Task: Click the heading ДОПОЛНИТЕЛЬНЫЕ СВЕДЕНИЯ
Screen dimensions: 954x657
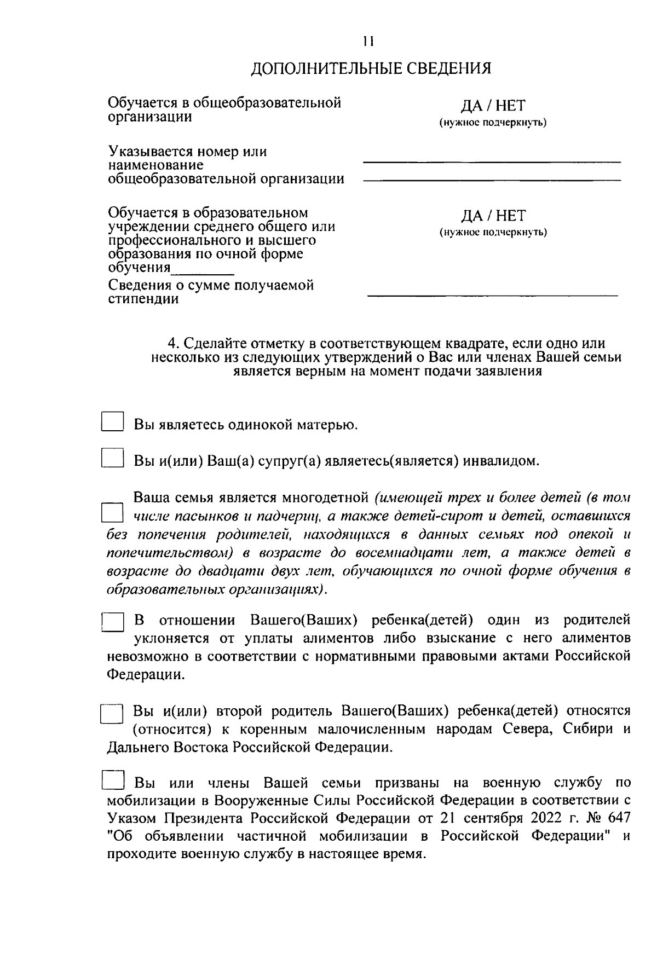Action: pos(371,68)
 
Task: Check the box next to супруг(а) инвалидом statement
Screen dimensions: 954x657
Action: pos(113,458)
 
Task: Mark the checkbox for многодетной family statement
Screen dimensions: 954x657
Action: pos(113,513)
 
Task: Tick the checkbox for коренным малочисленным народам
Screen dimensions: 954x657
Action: pos(113,714)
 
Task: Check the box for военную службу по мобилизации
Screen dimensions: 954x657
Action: pos(113,780)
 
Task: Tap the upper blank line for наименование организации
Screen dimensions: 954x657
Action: pos(492,161)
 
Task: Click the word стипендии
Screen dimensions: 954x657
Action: pos(143,299)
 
